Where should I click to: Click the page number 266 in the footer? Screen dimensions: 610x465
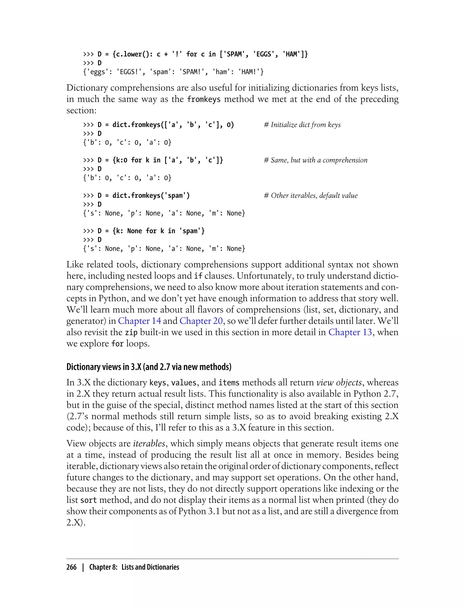pyautogui.click(x=72, y=567)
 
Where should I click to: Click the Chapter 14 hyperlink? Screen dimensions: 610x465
pyautogui.click(x=139, y=321)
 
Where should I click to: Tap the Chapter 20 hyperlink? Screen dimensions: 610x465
pyautogui.click(x=201, y=321)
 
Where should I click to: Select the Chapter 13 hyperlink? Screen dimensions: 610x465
pyautogui.click(x=350, y=332)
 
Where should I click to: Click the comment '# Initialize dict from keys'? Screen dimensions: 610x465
pyautogui.click(x=302, y=125)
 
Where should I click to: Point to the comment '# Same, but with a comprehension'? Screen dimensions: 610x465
pyautogui.click(x=316, y=160)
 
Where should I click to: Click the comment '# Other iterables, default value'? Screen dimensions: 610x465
pyautogui.click(x=311, y=196)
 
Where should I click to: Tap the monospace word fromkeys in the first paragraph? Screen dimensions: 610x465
pyautogui.click(x=204, y=99)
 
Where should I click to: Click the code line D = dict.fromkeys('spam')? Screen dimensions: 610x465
pyautogui.click(x=144, y=196)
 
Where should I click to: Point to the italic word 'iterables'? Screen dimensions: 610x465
pyautogui.click(x=149, y=443)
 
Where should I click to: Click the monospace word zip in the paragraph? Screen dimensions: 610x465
pyautogui.click(x=131, y=332)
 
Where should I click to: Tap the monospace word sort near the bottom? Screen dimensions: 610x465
pyautogui.click(x=89, y=500)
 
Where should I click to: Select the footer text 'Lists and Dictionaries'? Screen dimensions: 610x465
pyautogui.click(x=150, y=567)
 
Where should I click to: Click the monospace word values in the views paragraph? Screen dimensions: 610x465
pyautogui.click(x=184, y=383)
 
